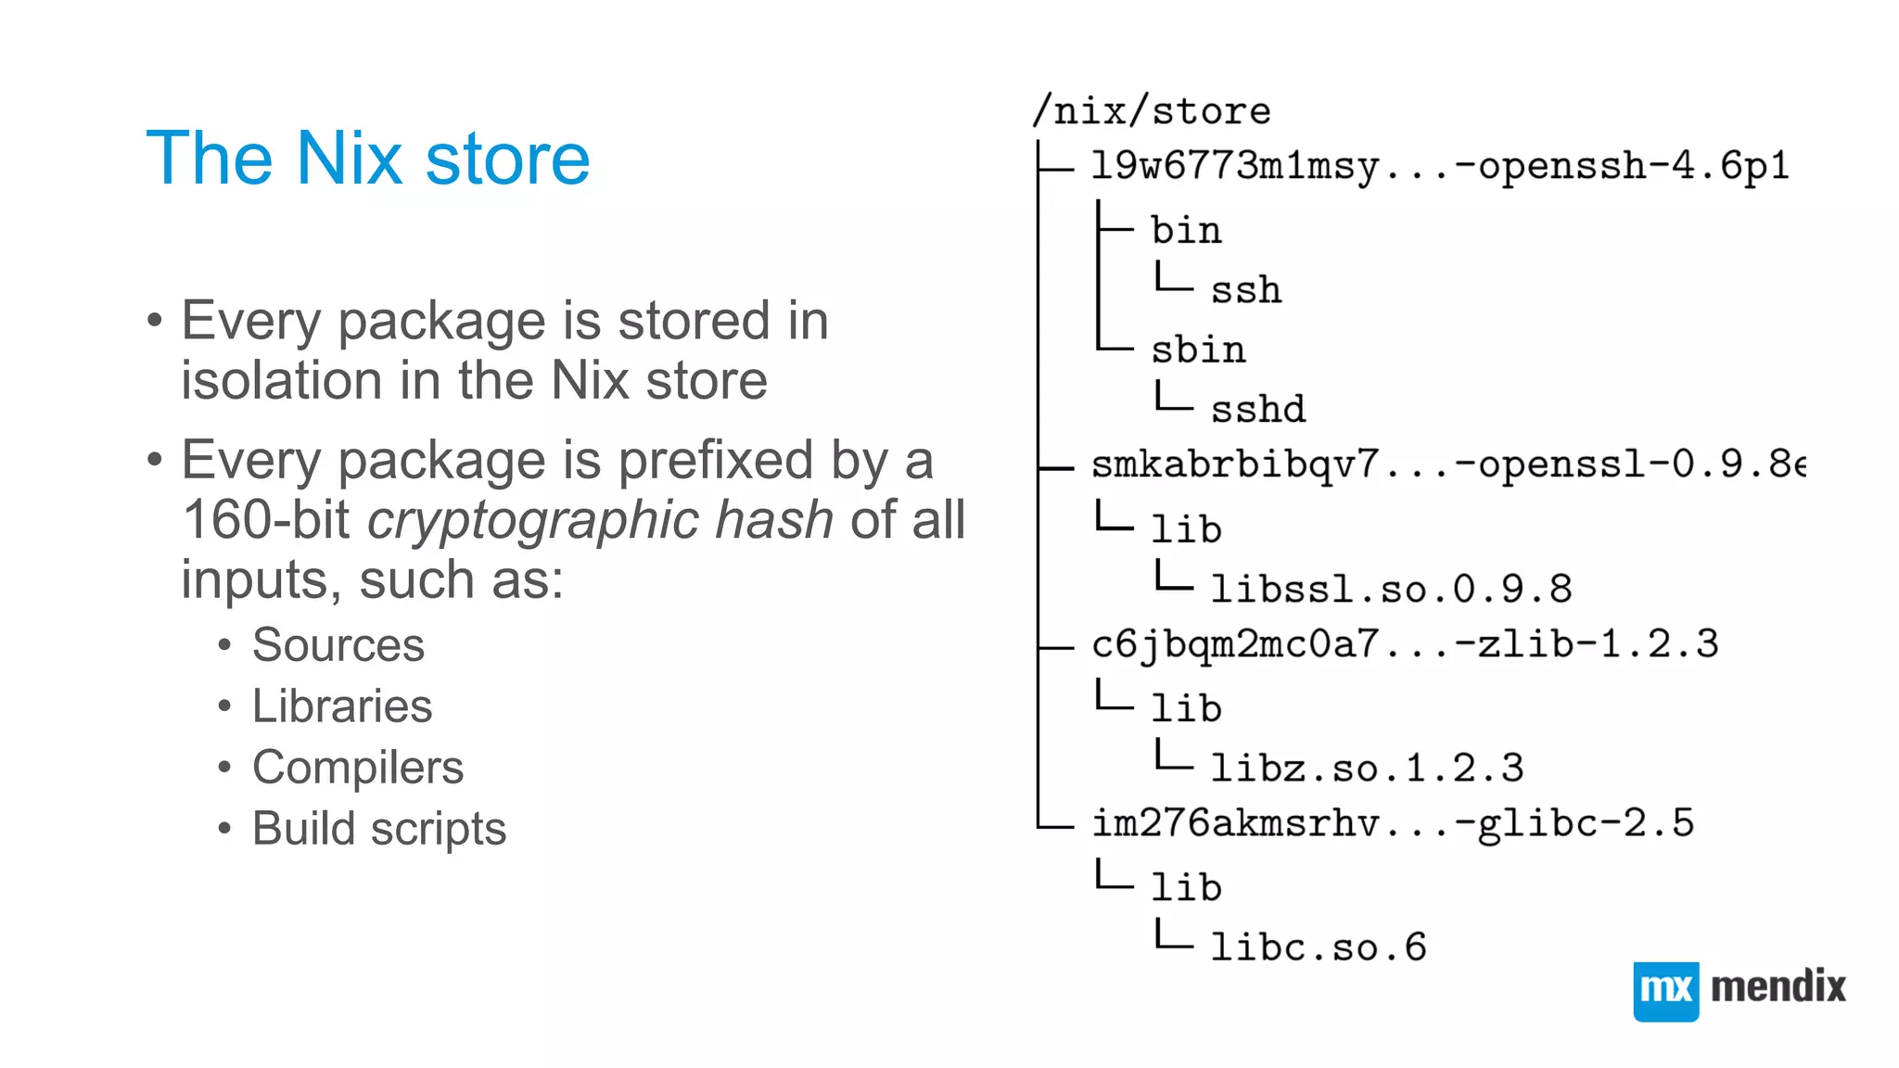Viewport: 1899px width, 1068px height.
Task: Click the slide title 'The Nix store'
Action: (x=367, y=159)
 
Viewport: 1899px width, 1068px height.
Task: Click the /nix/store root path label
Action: (x=1152, y=111)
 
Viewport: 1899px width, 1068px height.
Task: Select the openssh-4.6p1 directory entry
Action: (x=1439, y=167)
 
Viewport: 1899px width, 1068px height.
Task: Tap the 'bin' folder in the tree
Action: (x=1186, y=230)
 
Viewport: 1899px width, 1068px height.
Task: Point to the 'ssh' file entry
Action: (x=1245, y=290)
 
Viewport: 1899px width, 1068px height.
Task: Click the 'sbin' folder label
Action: (x=1198, y=350)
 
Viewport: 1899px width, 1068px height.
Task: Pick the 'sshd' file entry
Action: (x=1257, y=409)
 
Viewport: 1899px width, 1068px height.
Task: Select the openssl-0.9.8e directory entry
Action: (x=1447, y=464)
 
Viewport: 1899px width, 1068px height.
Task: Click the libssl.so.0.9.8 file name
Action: (x=1391, y=589)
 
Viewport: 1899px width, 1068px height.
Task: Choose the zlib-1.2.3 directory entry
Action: (x=1404, y=644)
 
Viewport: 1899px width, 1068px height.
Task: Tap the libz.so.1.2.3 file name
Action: (x=1367, y=768)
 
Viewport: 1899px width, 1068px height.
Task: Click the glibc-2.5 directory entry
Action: (x=1392, y=823)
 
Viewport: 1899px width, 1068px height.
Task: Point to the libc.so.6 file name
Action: (x=1318, y=947)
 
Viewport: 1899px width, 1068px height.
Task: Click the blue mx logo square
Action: (x=1665, y=990)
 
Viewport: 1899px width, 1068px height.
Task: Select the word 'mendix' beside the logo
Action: (x=1778, y=986)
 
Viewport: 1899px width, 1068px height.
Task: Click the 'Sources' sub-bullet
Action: (x=338, y=645)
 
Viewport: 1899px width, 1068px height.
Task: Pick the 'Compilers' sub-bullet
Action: (x=357, y=768)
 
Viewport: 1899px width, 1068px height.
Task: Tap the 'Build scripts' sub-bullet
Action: (x=378, y=829)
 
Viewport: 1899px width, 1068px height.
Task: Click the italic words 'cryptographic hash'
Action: (x=600, y=519)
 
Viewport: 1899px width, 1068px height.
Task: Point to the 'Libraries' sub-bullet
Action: (x=341, y=706)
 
